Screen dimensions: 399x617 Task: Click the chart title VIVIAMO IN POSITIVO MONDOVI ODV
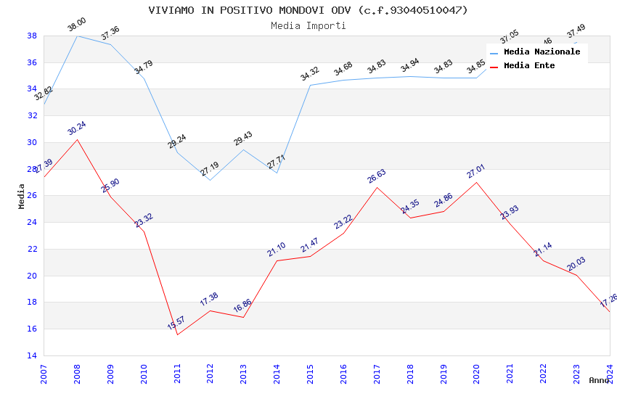point(308,10)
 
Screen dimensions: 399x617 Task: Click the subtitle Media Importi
point(308,25)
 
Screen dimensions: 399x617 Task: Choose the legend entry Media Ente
point(528,66)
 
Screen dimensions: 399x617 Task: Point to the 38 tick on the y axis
point(32,36)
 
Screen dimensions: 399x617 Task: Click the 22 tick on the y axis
point(32,249)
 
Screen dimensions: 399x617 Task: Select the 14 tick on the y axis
point(32,355)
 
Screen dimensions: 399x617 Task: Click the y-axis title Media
point(22,196)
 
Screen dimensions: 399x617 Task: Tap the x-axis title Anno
point(599,380)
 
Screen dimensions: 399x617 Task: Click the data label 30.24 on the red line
point(76,128)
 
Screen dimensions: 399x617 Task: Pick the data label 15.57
point(176,323)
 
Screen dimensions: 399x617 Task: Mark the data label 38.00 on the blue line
point(76,25)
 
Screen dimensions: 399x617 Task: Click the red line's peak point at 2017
point(377,187)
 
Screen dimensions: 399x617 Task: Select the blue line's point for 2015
point(310,85)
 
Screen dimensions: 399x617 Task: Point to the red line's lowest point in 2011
point(177,334)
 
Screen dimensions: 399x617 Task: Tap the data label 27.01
point(475,171)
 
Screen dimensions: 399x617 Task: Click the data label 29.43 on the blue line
point(243,139)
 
